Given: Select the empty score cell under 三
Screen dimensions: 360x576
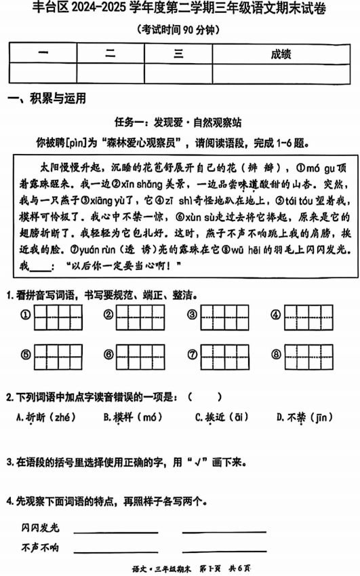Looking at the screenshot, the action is click(178, 73).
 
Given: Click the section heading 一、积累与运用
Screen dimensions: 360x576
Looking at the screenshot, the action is click(47, 99).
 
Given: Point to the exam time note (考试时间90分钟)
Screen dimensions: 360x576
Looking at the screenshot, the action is click(179, 30).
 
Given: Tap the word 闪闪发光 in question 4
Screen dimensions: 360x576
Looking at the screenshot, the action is click(41, 528).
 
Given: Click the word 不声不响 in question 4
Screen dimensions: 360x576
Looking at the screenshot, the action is click(41, 547).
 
